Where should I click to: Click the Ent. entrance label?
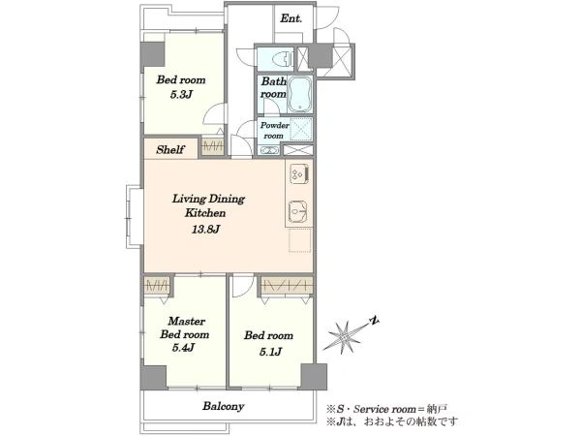tap(290, 18)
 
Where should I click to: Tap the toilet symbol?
tap(283, 58)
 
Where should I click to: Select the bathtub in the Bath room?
tap(300, 94)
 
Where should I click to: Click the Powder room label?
tap(274, 130)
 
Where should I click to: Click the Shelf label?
tap(170, 149)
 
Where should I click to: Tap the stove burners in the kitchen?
tap(299, 173)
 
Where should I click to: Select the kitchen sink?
tap(298, 211)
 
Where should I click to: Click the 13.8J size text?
tap(205, 229)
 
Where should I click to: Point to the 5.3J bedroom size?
tap(181, 95)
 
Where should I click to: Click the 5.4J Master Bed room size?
tap(183, 348)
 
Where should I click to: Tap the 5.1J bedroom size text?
tap(270, 352)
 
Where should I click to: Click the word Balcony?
tap(223, 406)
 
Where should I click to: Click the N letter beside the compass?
tap(376, 321)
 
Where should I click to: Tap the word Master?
tap(186, 321)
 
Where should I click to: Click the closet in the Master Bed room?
tap(157, 286)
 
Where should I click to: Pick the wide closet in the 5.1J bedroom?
tap(286, 286)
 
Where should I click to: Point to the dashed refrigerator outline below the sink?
tap(300, 240)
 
